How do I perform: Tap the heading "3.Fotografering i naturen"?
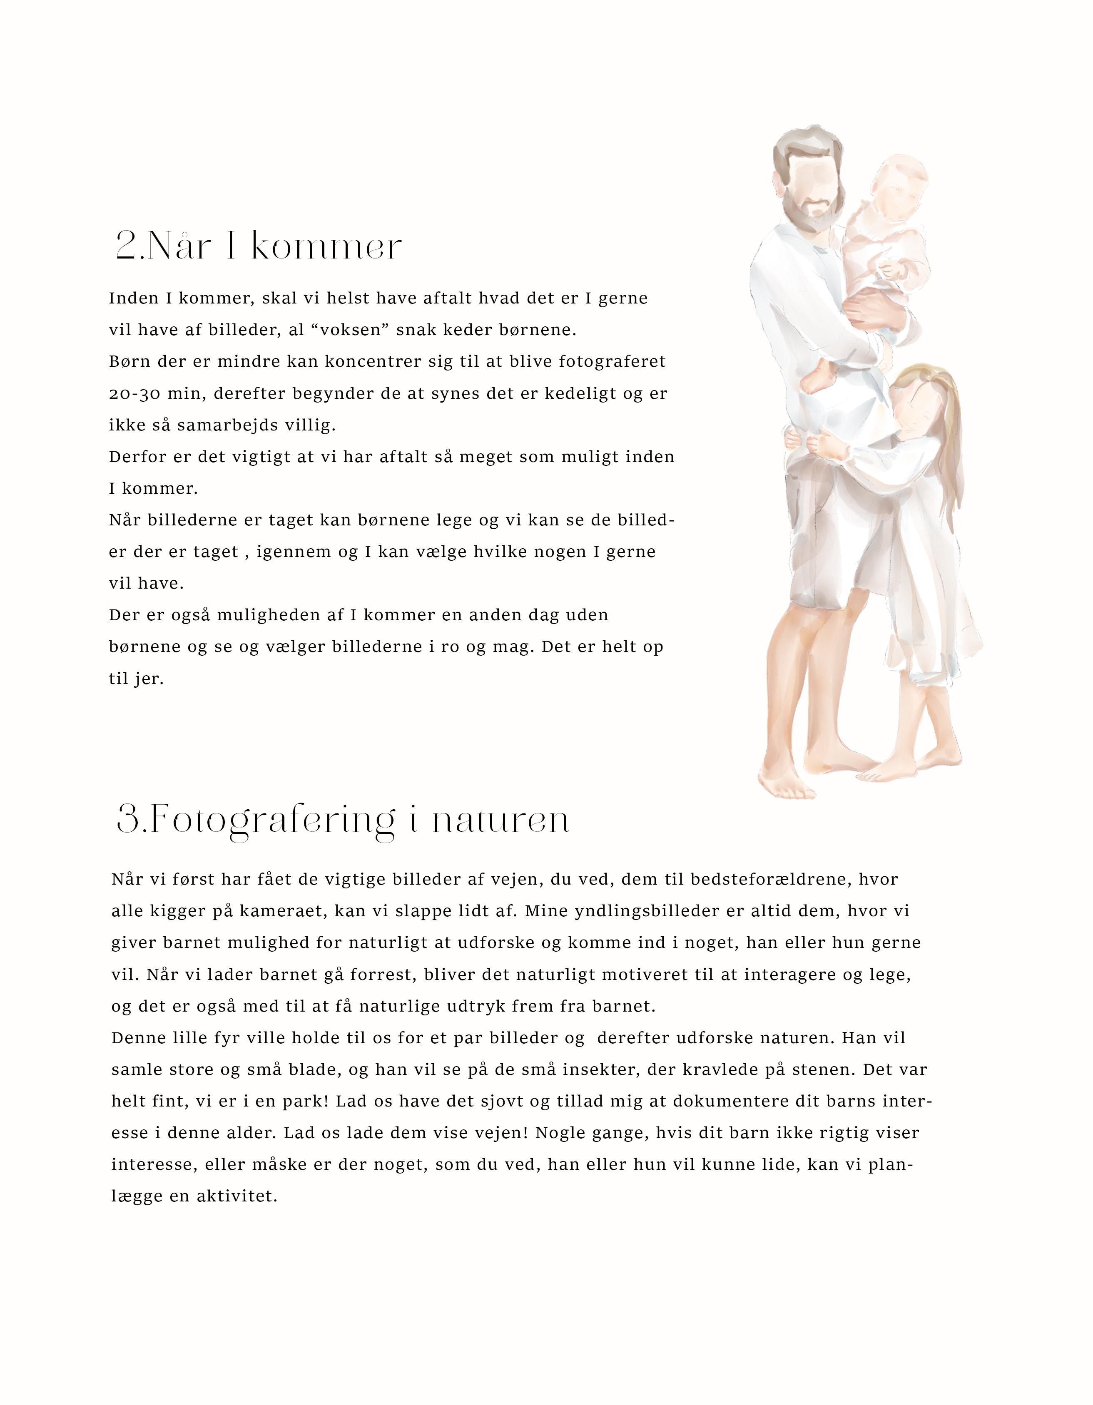[x=343, y=820]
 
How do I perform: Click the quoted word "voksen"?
[x=340, y=330]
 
